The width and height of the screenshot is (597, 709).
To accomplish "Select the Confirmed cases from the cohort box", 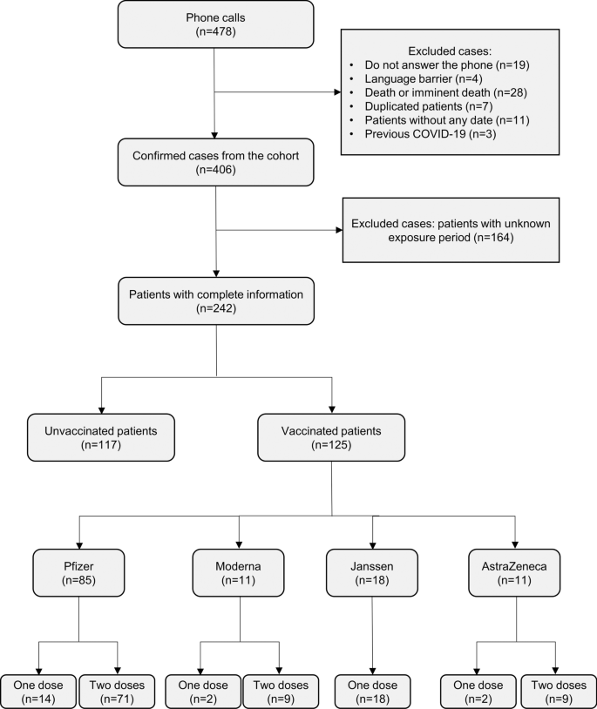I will coord(215,161).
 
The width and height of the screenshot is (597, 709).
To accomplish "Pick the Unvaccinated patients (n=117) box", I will coord(101,437).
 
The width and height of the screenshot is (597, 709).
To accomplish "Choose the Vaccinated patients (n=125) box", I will coord(332,437).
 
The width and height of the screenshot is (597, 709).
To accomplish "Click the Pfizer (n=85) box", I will coord(79,572).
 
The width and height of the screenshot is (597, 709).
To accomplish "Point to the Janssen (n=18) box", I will coord(372,572).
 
